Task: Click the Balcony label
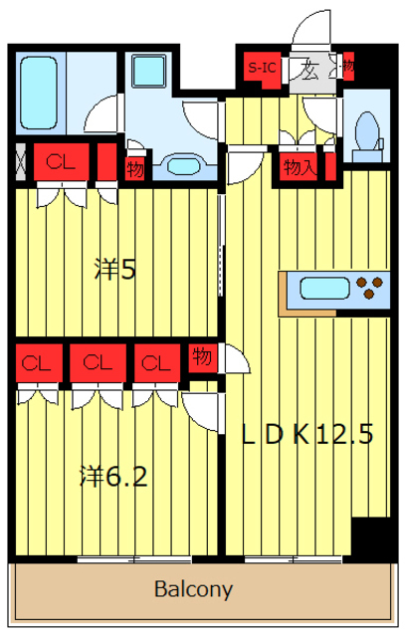click(193, 589)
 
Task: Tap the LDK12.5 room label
click(308, 434)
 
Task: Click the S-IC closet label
click(263, 69)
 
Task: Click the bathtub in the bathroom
click(42, 90)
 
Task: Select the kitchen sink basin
click(324, 290)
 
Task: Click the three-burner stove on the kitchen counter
click(371, 290)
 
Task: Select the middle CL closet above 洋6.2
click(96, 362)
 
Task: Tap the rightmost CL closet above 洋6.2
click(154, 362)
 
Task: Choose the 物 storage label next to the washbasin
click(135, 168)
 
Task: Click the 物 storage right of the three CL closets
click(201, 355)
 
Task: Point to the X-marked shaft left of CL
click(19, 162)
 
